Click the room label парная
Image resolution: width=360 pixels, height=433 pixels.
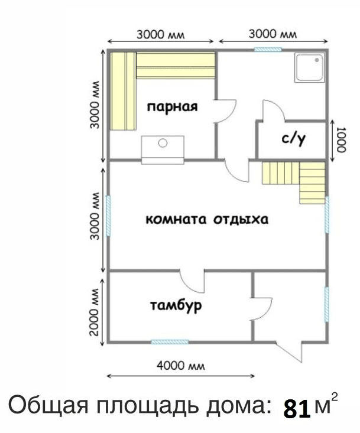pyautogui.click(x=173, y=107)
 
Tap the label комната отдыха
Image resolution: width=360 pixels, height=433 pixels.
pyautogui.click(x=207, y=220)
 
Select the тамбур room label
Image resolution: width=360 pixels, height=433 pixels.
pyautogui.click(x=176, y=305)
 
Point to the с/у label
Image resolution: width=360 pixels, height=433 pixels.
pyautogui.click(x=294, y=139)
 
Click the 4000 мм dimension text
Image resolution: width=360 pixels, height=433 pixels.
pyautogui.click(x=181, y=366)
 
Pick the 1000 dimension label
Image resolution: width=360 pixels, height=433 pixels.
pyautogui.click(x=342, y=140)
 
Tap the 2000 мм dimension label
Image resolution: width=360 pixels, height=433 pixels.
pyautogui.click(x=95, y=312)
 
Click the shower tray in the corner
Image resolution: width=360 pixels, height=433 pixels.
pyautogui.click(x=310, y=68)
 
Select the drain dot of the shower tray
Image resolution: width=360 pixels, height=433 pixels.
pyautogui.click(x=317, y=60)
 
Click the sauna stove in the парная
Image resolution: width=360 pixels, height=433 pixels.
pyautogui.click(x=163, y=150)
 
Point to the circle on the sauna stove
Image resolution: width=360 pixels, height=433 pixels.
pyautogui.click(x=163, y=143)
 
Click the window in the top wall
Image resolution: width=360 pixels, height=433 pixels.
pyautogui.click(x=268, y=50)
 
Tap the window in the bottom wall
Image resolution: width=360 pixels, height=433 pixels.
pyautogui.click(x=170, y=342)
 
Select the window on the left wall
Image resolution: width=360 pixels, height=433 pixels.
pyautogui.click(x=108, y=216)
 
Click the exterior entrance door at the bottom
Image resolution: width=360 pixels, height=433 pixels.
pyautogui.click(x=290, y=351)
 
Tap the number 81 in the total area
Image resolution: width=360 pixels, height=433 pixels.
pyautogui.click(x=297, y=409)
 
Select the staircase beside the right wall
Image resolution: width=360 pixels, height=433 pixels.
pyautogui.click(x=293, y=183)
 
